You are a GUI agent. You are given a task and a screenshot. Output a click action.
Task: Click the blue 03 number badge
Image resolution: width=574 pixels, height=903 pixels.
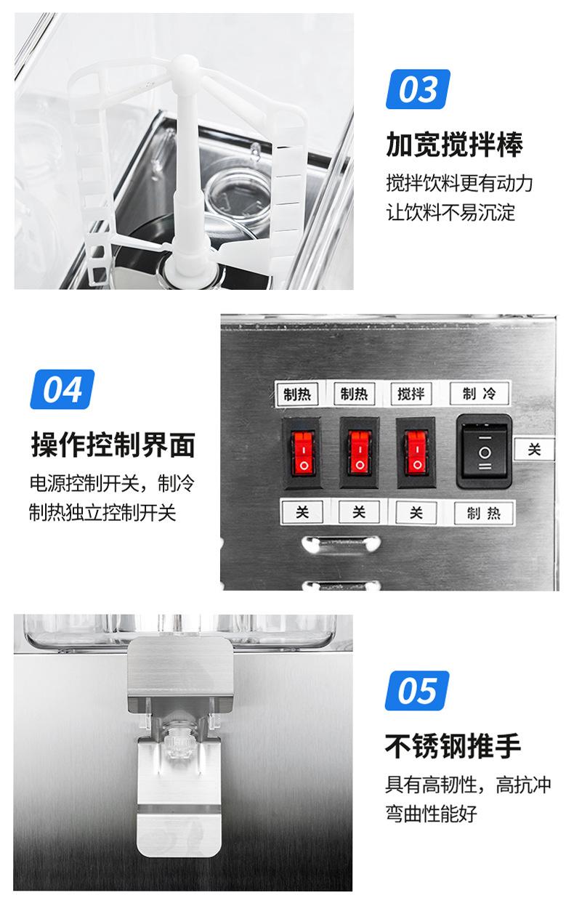418,89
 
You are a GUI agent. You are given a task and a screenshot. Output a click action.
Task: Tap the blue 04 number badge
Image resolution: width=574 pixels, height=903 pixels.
62,389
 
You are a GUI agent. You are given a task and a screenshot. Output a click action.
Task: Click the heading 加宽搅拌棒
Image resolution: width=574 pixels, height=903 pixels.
454,145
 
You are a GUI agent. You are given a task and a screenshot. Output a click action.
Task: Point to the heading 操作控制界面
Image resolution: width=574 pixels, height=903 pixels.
113,445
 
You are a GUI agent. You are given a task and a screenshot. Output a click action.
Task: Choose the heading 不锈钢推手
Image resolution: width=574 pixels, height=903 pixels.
453,745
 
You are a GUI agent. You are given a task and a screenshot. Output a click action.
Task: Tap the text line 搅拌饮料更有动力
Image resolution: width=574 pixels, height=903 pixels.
459,182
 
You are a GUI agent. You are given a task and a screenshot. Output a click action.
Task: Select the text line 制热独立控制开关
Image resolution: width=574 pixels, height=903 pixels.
102,513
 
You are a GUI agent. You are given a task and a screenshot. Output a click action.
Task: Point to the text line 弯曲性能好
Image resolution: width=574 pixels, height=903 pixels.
431,813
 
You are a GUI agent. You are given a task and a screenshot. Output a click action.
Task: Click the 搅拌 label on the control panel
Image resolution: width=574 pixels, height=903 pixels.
411,394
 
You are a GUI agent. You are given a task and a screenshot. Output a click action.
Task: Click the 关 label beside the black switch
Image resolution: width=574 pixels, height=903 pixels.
534,450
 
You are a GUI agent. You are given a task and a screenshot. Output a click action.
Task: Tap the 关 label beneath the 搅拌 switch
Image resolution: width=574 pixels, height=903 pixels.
416,513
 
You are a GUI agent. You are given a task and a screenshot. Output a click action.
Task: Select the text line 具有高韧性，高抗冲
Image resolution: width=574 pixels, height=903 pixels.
468,784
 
